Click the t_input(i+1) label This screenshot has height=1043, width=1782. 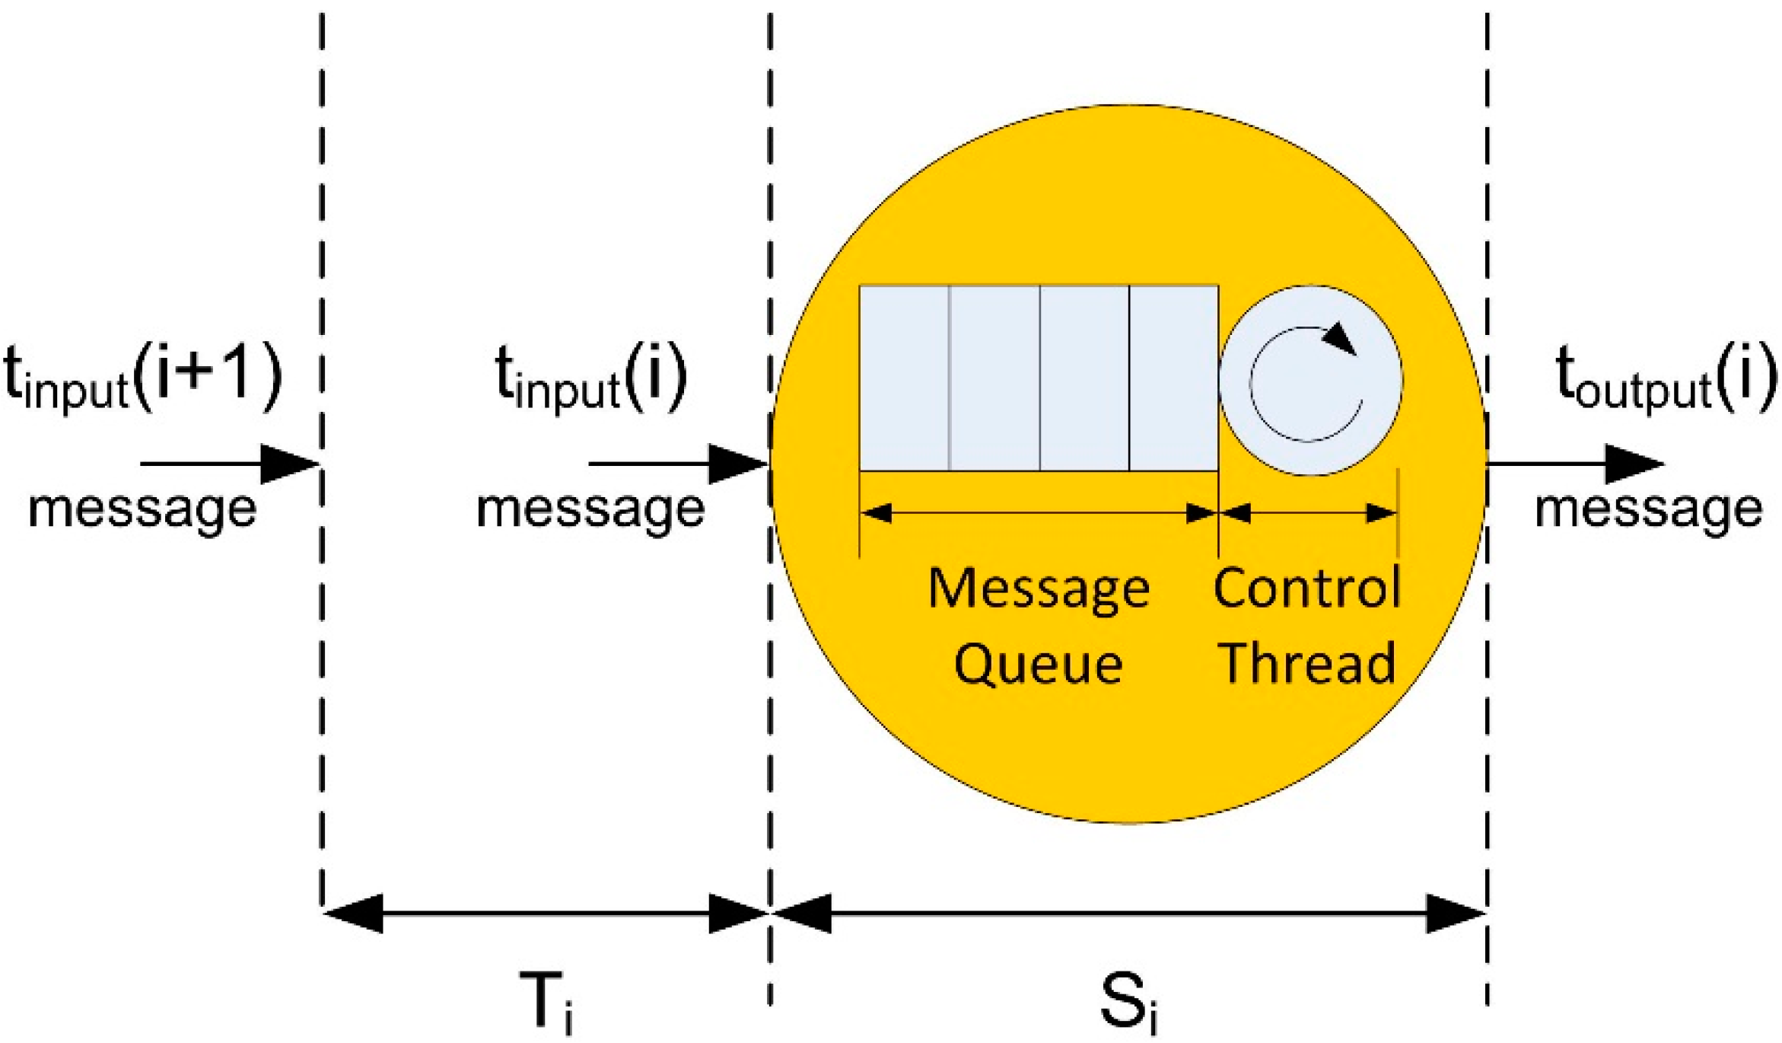point(142,376)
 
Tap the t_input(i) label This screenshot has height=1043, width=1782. point(591,376)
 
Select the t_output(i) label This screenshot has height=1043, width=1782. point(1665,376)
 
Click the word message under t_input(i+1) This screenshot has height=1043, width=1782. point(142,509)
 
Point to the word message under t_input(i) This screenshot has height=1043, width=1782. point(590,509)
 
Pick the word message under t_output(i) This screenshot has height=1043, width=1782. point(1648,509)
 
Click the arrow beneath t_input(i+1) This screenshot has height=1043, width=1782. point(228,463)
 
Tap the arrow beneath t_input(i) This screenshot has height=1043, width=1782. point(677,463)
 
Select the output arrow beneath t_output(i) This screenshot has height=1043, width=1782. point(1575,463)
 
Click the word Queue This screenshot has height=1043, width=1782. point(1038,664)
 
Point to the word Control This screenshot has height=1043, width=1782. point(1307,588)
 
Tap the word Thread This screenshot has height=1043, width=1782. point(1307,662)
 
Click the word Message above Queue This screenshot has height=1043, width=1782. point(1039,588)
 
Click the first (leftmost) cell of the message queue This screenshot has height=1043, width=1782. point(904,378)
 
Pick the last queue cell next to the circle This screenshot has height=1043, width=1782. point(1173,378)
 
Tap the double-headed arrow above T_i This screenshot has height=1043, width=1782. point(546,913)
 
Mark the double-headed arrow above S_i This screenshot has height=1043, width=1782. point(1128,913)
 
